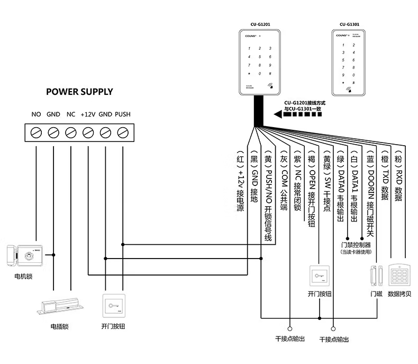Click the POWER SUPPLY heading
tap(79, 92)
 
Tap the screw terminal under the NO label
tap(36, 132)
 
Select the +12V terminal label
tap(88, 114)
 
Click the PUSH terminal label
tap(123, 114)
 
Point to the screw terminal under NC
tap(70, 132)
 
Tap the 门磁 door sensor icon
tap(376, 276)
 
